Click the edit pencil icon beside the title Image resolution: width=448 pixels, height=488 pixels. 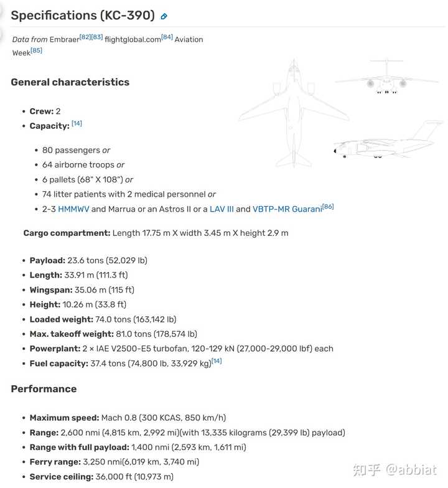[x=164, y=17]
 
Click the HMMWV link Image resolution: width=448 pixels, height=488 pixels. [x=73, y=209]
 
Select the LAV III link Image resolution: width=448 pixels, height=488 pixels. [x=222, y=209]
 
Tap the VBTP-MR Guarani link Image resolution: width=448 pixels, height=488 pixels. [x=287, y=209]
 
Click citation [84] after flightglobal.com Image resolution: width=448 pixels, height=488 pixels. [x=167, y=37]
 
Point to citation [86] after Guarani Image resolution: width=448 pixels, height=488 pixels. [x=328, y=207]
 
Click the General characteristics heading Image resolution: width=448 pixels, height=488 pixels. [x=70, y=82]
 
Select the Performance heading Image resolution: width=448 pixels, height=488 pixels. [x=44, y=389]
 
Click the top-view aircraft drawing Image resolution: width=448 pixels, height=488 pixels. [x=293, y=112]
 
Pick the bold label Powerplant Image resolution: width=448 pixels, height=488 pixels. [x=54, y=349]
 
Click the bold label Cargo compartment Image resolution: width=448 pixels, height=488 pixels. [x=67, y=233]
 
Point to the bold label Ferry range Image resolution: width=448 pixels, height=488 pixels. [x=55, y=462]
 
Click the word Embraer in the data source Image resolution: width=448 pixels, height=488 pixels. [x=64, y=39]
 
